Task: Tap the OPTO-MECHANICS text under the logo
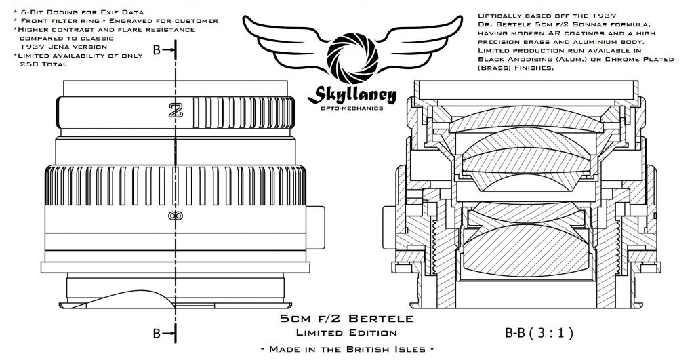[352, 108]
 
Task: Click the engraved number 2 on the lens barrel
[176, 110]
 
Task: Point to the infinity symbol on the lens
[176, 216]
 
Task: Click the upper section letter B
[157, 50]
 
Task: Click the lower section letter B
[157, 333]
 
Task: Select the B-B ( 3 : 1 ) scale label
[539, 333]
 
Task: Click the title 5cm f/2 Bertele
[347, 319]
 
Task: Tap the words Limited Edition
[346, 333]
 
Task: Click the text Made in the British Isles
[347, 349]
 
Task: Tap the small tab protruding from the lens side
[315, 227]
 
